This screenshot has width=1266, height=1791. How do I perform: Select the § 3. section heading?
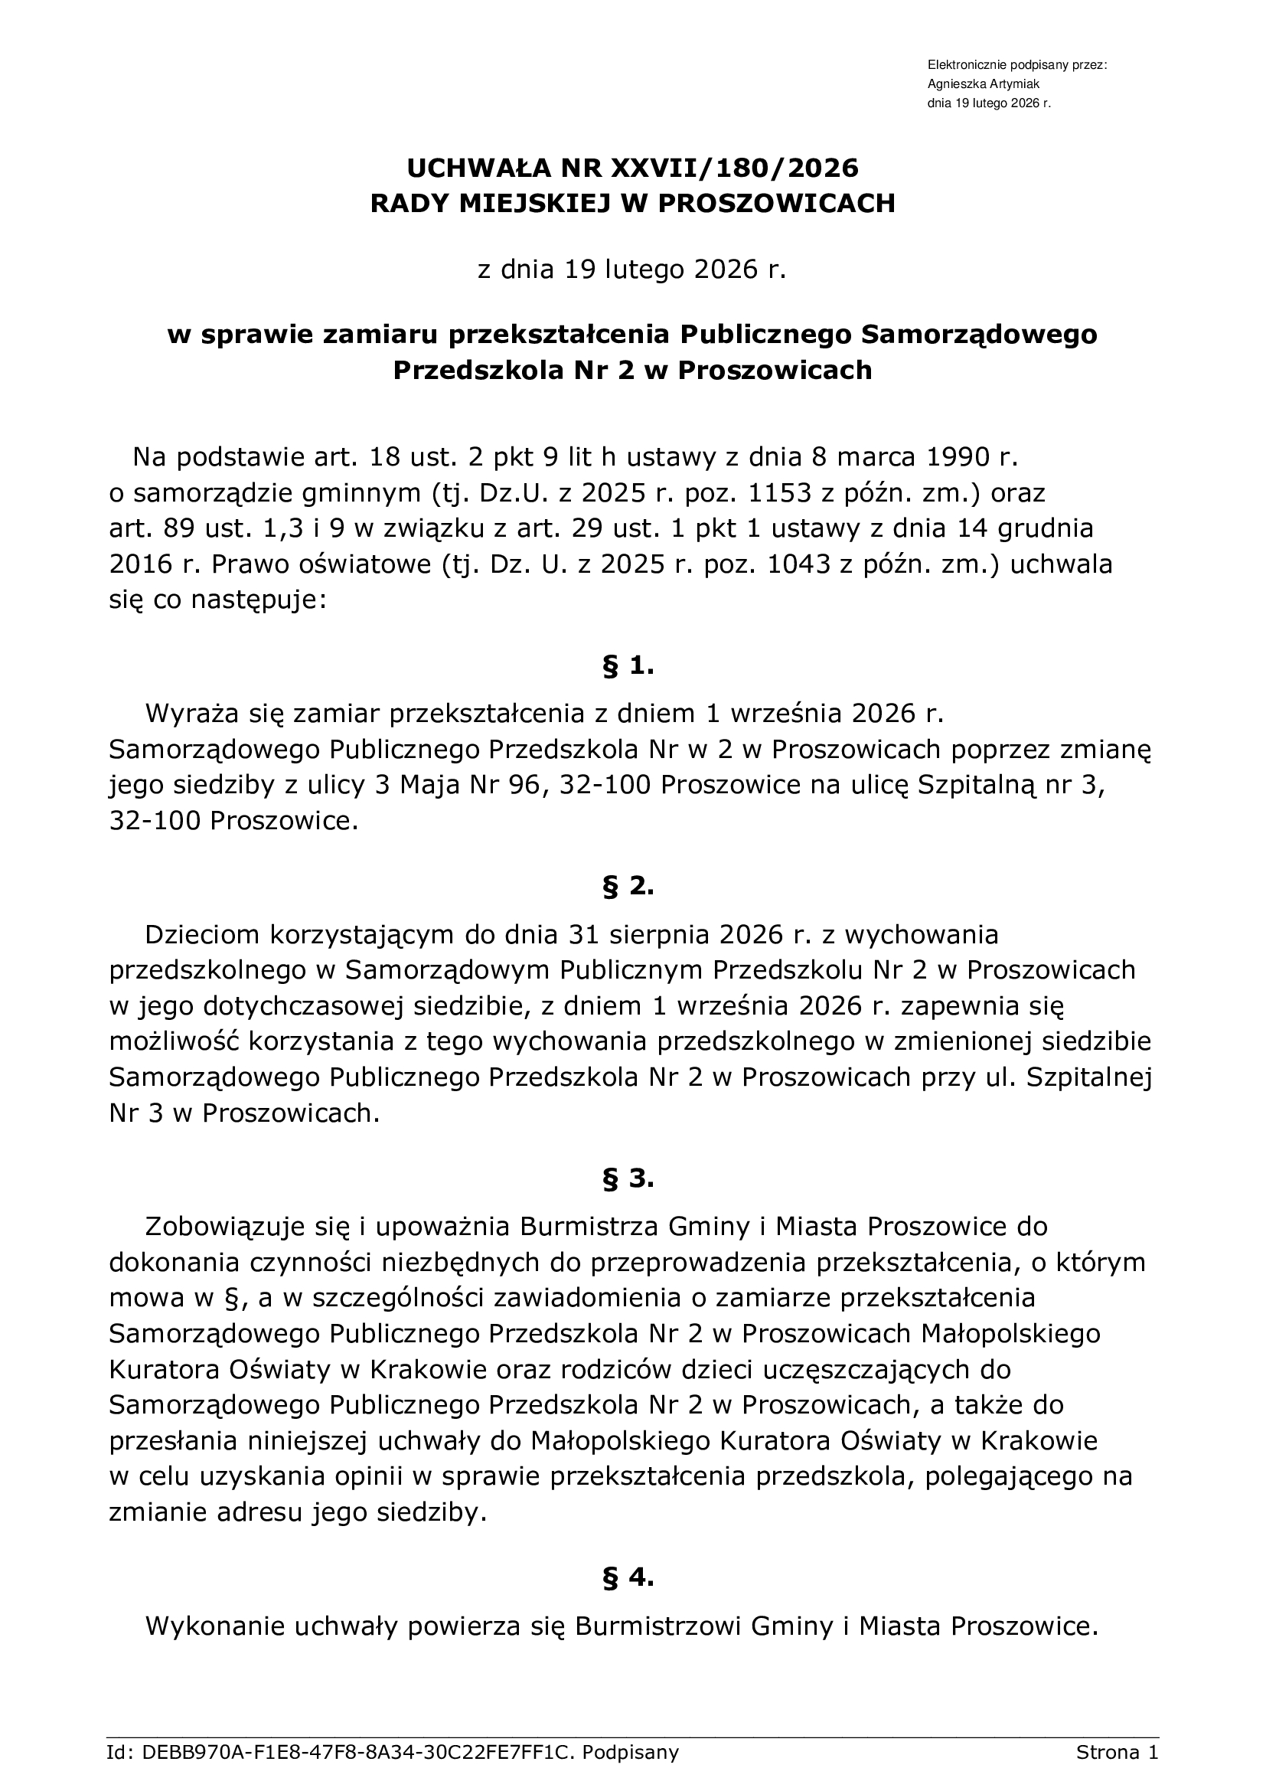pyautogui.click(x=628, y=1178)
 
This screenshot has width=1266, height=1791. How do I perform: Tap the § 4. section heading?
pyautogui.click(x=628, y=1556)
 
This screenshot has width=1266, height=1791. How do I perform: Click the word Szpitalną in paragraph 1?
pyautogui.click(x=977, y=785)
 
